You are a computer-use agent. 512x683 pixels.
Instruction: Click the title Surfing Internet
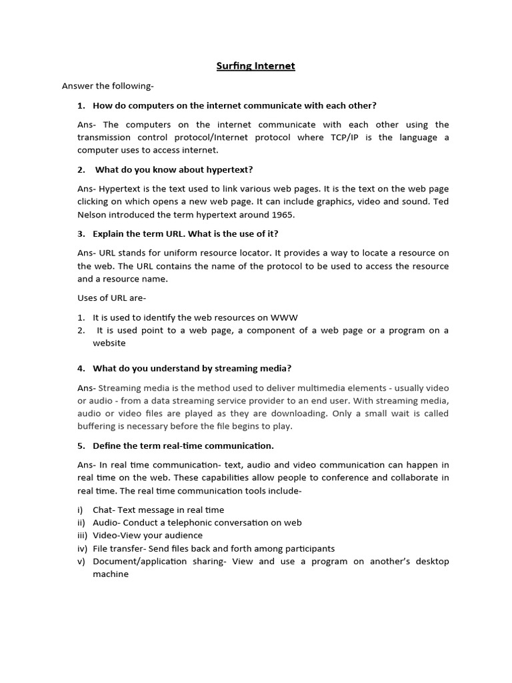[255, 66]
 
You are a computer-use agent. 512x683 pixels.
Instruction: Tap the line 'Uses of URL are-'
[111, 297]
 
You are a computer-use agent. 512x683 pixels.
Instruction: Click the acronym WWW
[284, 317]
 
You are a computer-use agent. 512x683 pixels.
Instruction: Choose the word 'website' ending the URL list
[109, 343]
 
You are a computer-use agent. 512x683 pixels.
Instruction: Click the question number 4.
[81, 368]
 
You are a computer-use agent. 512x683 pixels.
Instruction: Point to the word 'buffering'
[98, 426]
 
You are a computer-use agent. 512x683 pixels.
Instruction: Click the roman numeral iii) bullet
[83, 536]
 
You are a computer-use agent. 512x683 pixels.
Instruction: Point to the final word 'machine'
[110, 574]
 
